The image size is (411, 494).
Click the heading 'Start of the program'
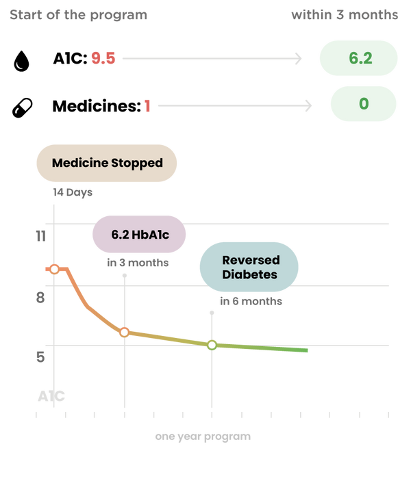coord(78,15)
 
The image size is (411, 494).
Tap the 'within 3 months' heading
coord(344,15)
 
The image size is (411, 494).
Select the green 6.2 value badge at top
coord(359,58)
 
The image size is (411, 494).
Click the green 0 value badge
coord(363,104)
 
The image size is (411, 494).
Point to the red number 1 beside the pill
coord(147,105)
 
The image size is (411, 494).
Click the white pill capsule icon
coord(23,107)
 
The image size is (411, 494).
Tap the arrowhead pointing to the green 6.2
coord(299,59)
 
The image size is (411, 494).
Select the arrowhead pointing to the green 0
coord(309,105)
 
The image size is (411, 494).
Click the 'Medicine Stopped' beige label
coord(107,163)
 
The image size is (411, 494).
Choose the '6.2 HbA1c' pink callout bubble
coord(139,234)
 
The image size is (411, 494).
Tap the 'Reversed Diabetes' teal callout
coord(249,267)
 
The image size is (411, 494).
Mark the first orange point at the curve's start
coord(54,269)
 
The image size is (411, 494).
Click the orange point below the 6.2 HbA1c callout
coord(124,333)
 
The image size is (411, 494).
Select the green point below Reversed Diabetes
coord(212,345)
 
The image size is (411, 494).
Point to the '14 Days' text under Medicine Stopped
coord(73,193)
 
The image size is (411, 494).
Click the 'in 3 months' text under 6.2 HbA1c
coord(138,263)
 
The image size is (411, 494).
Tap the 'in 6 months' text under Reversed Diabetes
coord(251,300)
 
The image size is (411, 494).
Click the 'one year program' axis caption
coord(202,437)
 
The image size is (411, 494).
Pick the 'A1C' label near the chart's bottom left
coord(51,395)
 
